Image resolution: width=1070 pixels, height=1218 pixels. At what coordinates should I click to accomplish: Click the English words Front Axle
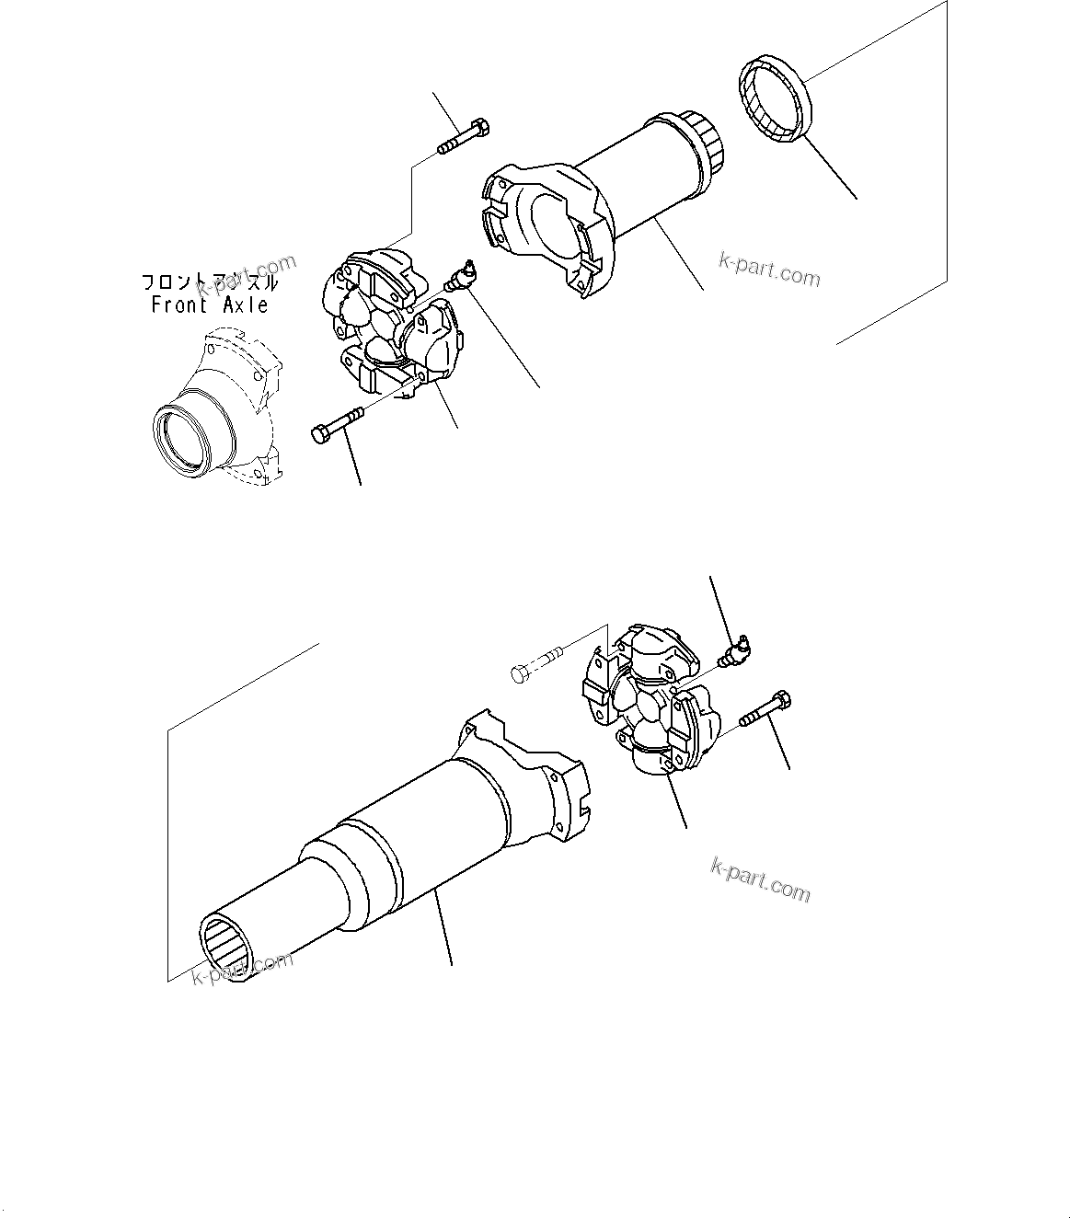[210, 305]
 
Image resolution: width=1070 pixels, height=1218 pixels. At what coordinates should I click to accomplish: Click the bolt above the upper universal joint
[465, 136]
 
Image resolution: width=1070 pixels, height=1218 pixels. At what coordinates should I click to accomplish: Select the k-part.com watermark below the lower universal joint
[761, 879]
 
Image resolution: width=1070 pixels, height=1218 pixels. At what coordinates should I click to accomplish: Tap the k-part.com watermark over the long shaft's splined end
[242, 967]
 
